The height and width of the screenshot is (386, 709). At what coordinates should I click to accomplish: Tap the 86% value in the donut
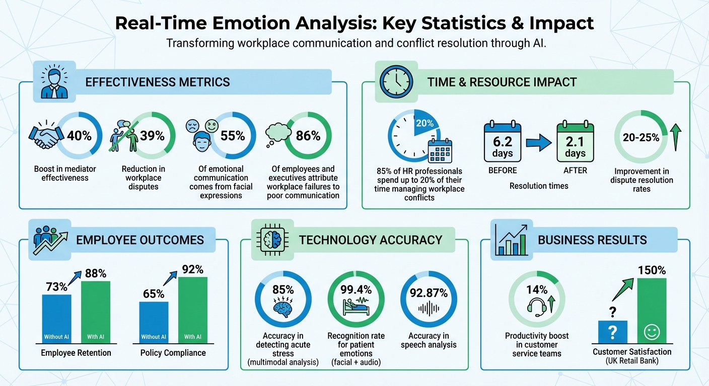(308, 135)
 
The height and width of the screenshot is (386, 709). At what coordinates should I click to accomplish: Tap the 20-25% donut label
(641, 138)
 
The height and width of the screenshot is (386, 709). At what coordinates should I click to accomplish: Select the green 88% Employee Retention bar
(96, 312)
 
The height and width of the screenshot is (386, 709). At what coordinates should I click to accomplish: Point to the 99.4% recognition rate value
(356, 289)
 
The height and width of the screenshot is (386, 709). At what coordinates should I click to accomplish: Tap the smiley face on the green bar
(652, 332)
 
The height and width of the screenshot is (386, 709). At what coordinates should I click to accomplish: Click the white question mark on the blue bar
(613, 332)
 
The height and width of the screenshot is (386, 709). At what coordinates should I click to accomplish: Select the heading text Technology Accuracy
(371, 240)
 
